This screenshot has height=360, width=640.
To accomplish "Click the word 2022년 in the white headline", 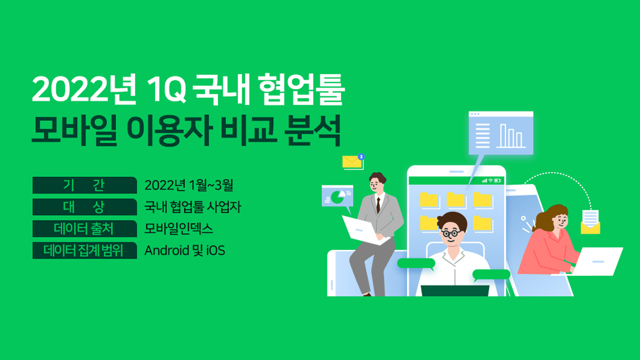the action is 84,89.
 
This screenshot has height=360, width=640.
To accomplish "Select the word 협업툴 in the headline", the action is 301,89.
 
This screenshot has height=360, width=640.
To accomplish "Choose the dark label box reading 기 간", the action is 85,185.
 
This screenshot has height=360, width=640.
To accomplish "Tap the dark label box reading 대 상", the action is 85,207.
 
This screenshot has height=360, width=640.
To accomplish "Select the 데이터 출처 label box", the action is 85,229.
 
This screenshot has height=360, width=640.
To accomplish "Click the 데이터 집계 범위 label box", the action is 85,250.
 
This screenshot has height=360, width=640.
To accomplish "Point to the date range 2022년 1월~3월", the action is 189,185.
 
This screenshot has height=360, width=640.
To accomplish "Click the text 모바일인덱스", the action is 179,229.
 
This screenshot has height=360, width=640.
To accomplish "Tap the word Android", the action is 167,250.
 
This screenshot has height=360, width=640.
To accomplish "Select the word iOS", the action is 216,251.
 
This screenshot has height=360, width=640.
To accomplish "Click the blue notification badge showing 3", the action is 361,157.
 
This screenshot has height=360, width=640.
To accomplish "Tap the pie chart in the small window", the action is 338,197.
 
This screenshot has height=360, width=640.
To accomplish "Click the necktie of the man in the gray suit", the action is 378,205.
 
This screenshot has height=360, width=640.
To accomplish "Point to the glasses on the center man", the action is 451,233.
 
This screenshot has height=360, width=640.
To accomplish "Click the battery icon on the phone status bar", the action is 497,181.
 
